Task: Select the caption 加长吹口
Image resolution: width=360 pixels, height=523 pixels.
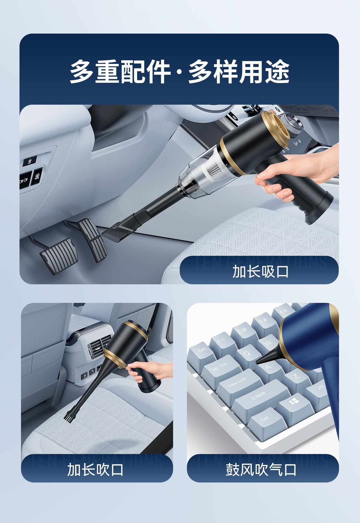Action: click(x=95, y=469)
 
